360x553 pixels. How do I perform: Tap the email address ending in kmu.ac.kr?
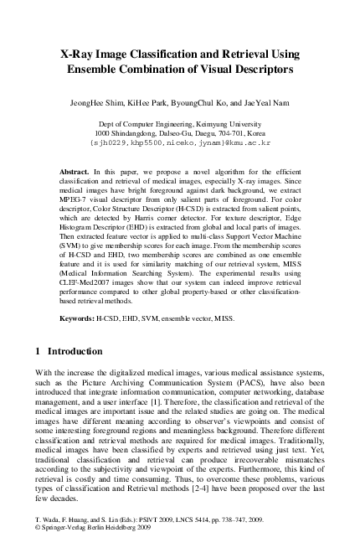coord(180,142)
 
